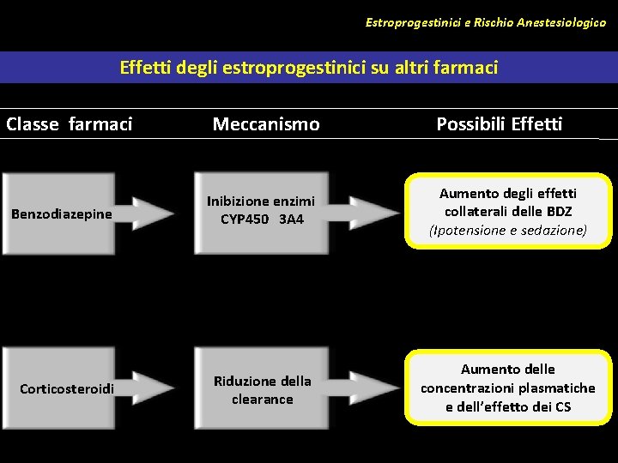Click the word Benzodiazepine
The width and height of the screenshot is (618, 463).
tap(61, 213)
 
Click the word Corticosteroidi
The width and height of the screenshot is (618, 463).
tap(66, 389)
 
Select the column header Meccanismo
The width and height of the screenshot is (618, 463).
tap(266, 124)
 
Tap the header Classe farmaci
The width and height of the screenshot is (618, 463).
tap(70, 124)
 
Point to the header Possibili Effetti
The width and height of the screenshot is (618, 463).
tap(499, 124)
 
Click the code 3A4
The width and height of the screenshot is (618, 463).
tap(291, 219)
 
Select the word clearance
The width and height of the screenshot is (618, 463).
tap(262, 399)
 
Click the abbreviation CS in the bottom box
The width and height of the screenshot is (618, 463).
tap(562, 406)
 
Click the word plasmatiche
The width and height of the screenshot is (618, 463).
tap(555, 388)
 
